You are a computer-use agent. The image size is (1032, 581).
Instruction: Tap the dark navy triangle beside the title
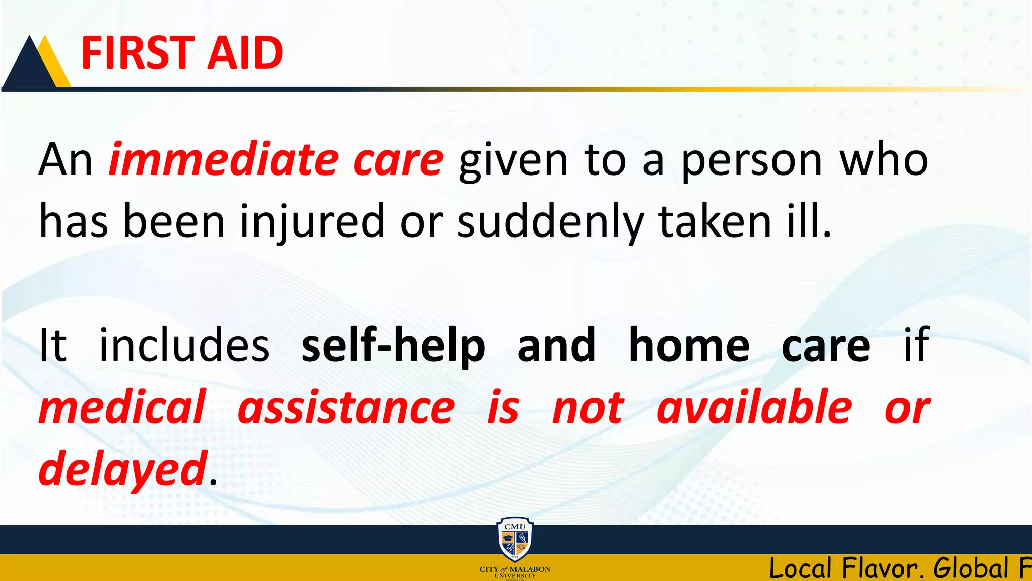coord(28,68)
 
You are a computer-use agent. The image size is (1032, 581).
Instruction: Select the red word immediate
coord(224,160)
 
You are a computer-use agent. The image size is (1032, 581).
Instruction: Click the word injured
coord(312,222)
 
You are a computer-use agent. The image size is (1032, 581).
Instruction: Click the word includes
coord(184,345)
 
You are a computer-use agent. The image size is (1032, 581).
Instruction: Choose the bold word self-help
coord(393,346)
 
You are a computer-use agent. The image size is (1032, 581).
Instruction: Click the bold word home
coord(689,345)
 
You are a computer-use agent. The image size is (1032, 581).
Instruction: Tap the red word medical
coord(122,408)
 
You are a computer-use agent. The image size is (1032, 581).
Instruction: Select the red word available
coord(754,408)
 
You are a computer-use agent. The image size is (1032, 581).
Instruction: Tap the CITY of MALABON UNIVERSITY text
coord(514,572)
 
